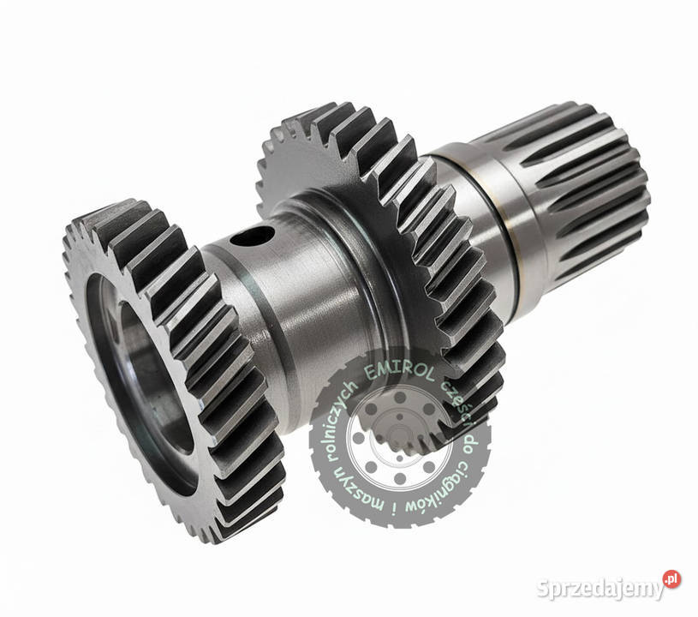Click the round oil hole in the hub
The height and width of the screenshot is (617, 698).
click(251, 237)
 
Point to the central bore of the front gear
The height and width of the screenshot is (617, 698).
click(149, 383)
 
